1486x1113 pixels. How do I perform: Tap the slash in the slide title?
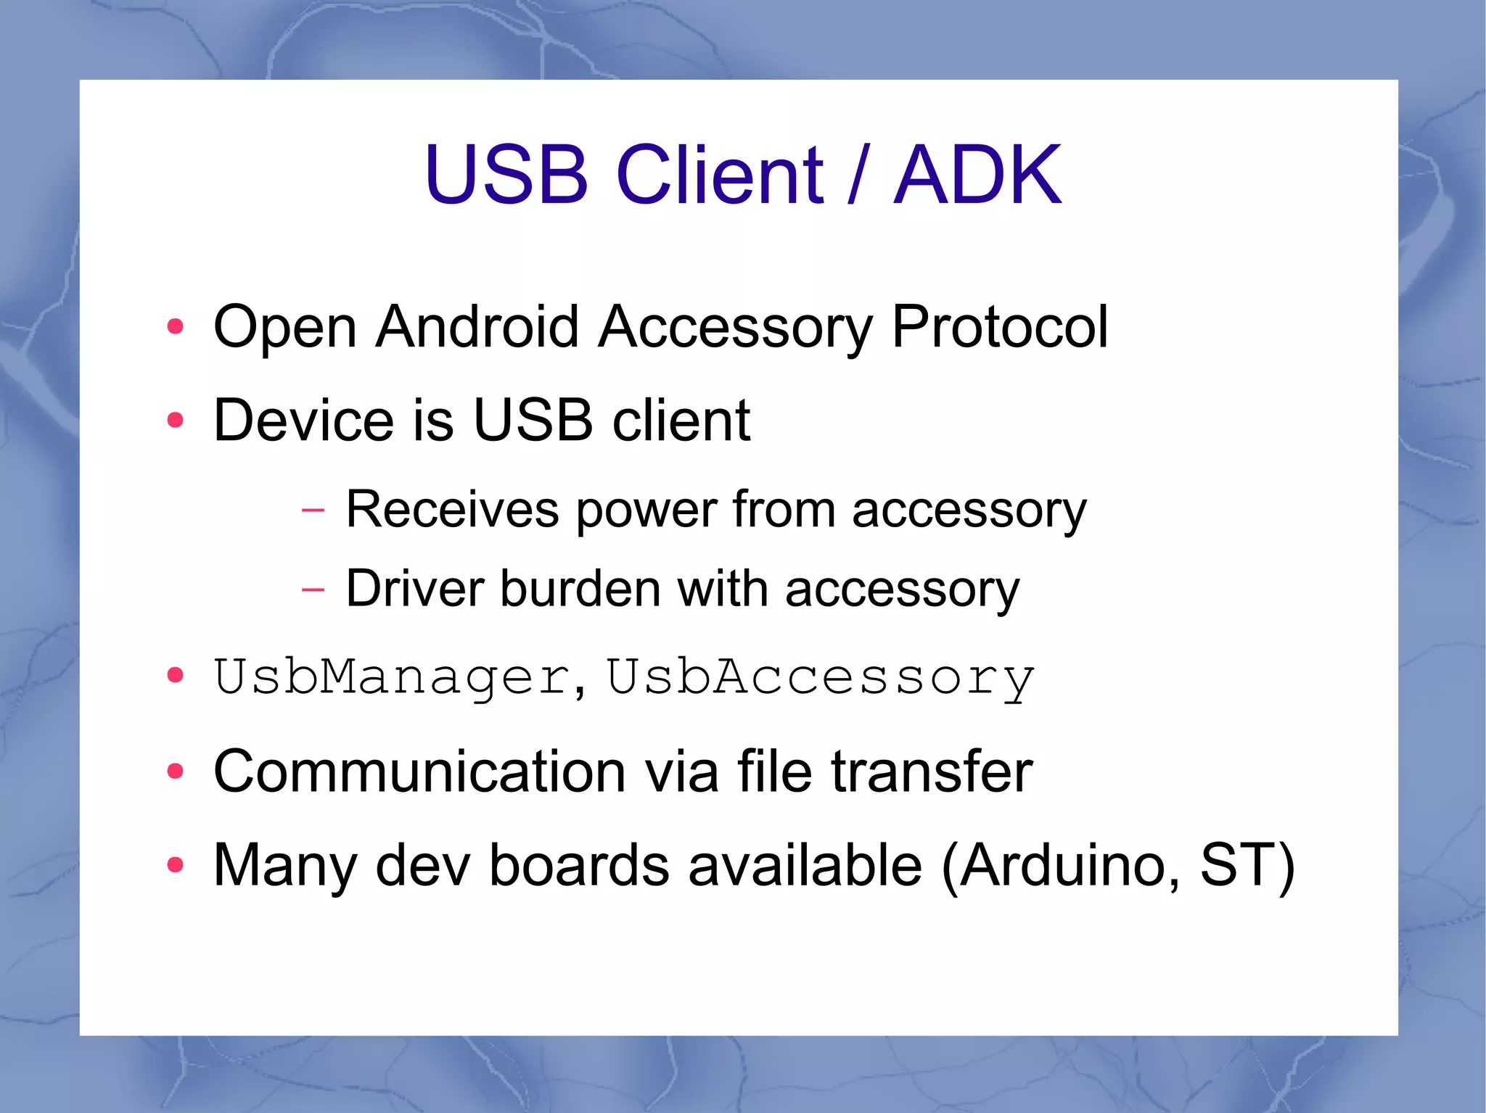(x=858, y=175)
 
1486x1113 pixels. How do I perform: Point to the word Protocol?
(x=999, y=327)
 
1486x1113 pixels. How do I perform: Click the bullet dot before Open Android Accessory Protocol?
(x=175, y=327)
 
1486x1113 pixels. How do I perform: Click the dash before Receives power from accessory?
(x=313, y=510)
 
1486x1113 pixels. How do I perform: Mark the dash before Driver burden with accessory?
(x=313, y=589)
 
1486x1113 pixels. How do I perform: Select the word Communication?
(x=419, y=771)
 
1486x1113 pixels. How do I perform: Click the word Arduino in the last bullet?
(x=1063, y=864)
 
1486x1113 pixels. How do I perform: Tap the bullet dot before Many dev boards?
(x=175, y=864)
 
